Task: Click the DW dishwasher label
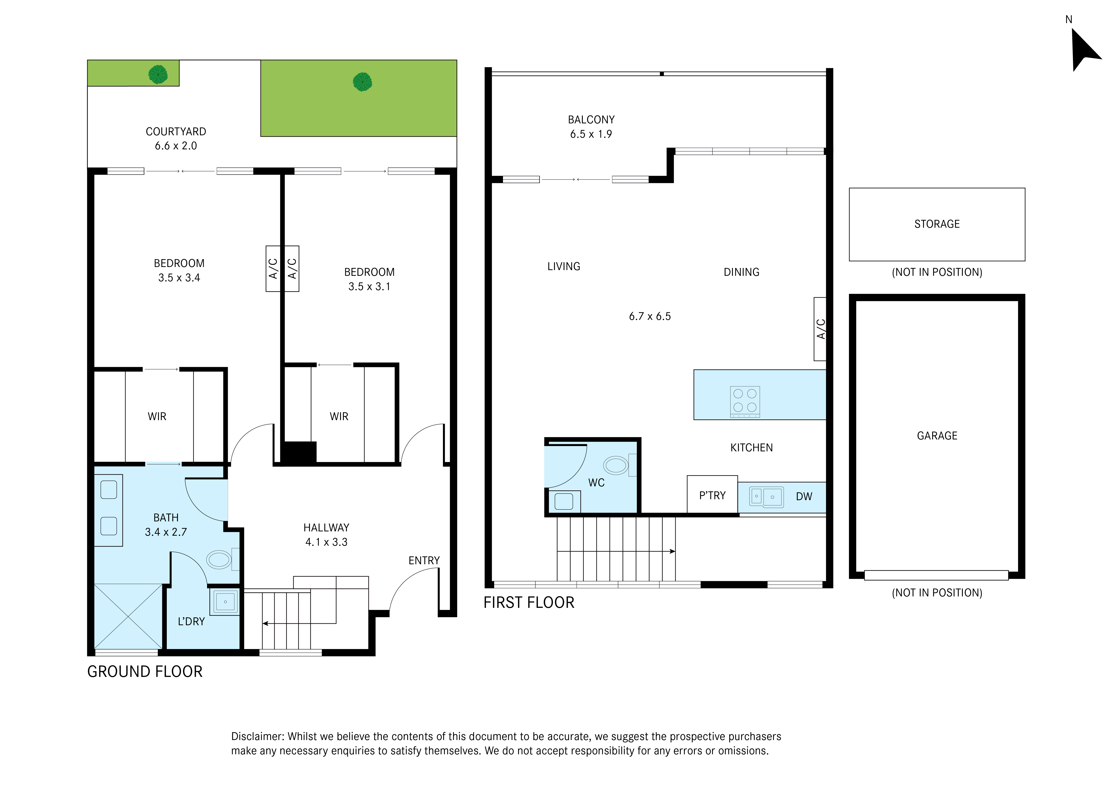(x=804, y=496)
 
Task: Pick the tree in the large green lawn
(x=362, y=82)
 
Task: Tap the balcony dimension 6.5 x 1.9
(x=591, y=134)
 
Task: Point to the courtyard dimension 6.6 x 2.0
(x=176, y=146)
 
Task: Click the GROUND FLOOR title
(x=145, y=672)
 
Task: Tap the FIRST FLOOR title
(x=529, y=602)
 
